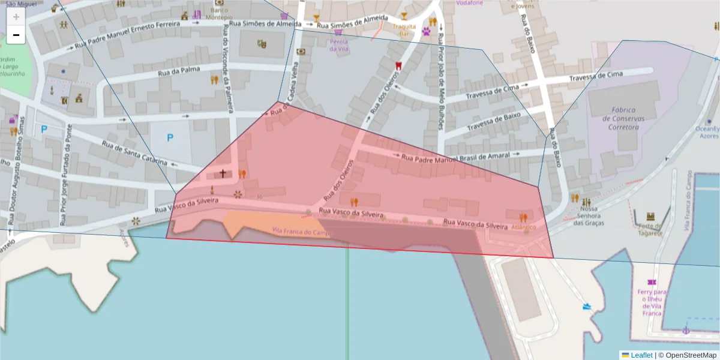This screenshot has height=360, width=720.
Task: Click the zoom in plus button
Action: coord(16,17)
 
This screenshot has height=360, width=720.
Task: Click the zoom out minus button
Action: coord(16,35)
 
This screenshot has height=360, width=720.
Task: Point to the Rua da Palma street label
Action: coord(179,71)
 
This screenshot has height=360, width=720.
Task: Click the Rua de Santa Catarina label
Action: coord(134,154)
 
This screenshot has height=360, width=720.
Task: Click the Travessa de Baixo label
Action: coord(494,121)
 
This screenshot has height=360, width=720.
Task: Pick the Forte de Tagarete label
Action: coord(650,229)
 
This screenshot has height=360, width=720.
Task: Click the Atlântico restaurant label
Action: coord(523,227)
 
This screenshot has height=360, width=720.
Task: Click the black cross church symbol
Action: coord(223,173)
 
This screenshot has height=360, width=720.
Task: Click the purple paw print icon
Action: coord(427,31)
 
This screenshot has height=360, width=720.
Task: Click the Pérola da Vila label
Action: coord(338,45)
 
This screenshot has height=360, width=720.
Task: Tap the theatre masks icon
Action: coord(261,44)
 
